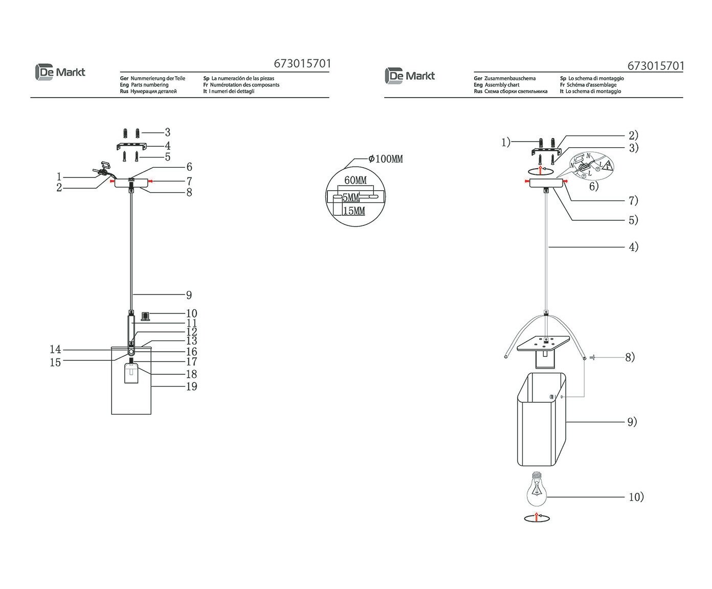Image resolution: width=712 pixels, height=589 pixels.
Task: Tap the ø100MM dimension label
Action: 386,159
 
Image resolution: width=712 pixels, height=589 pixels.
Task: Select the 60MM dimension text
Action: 355,180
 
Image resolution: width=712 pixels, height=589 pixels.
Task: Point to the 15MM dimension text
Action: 354,210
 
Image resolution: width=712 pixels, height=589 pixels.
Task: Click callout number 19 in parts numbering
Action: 191,387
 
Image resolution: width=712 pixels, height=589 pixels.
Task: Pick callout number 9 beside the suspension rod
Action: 189,295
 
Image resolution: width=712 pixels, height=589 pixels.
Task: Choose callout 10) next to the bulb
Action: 636,496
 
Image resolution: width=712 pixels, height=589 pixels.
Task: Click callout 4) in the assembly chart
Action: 634,247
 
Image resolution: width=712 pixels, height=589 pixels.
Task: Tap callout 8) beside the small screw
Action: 630,357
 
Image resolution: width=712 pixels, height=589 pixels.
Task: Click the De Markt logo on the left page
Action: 60,73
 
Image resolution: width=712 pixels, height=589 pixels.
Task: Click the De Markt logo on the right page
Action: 410,76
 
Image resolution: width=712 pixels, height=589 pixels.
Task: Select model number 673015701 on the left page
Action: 302,64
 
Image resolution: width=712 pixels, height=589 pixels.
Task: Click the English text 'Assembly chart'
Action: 502,85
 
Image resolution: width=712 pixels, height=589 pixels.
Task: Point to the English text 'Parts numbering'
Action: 149,85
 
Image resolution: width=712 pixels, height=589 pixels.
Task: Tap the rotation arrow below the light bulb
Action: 537,518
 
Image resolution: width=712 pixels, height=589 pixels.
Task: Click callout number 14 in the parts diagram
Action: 55,350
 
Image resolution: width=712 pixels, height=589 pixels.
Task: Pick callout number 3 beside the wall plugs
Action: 167,132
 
